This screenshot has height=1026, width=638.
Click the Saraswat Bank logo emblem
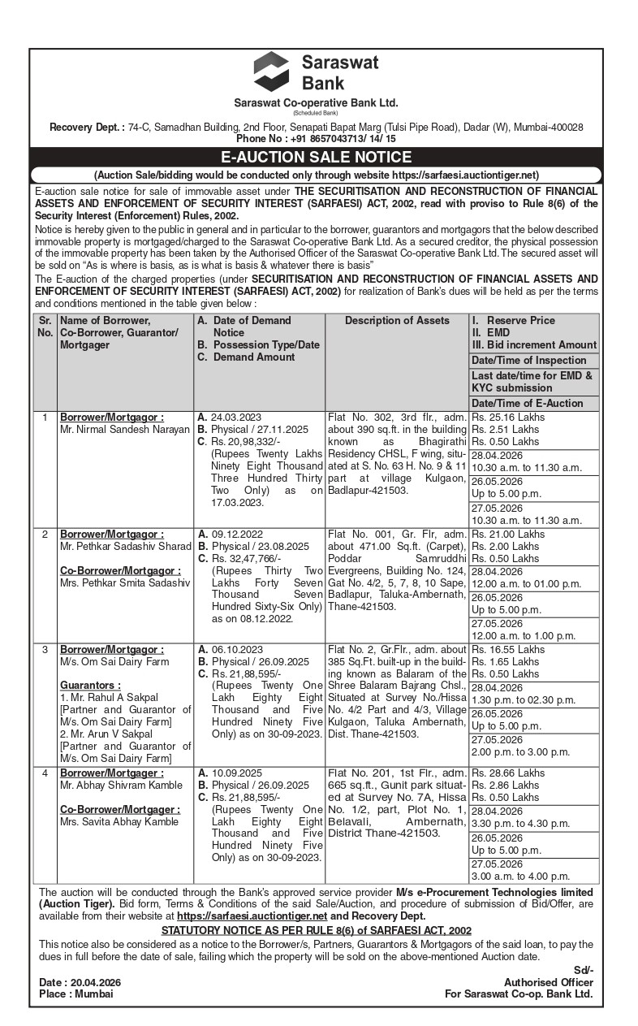pyautogui.click(x=270, y=71)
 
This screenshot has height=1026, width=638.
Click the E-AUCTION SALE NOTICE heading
pyautogui.click(x=317, y=158)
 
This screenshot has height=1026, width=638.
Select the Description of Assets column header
pyautogui.click(x=397, y=321)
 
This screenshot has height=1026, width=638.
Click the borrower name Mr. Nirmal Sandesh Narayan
pyautogui.click(x=125, y=429)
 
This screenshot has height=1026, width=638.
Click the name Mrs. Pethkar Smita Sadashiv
pyautogui.click(x=124, y=582)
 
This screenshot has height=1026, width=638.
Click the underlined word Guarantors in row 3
pyautogui.click(x=90, y=686)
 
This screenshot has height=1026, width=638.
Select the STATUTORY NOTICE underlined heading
pyautogui.click(x=317, y=930)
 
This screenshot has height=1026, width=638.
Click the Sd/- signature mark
pyautogui.click(x=584, y=970)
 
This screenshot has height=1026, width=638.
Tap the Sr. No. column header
pyautogui.click(x=45, y=327)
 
